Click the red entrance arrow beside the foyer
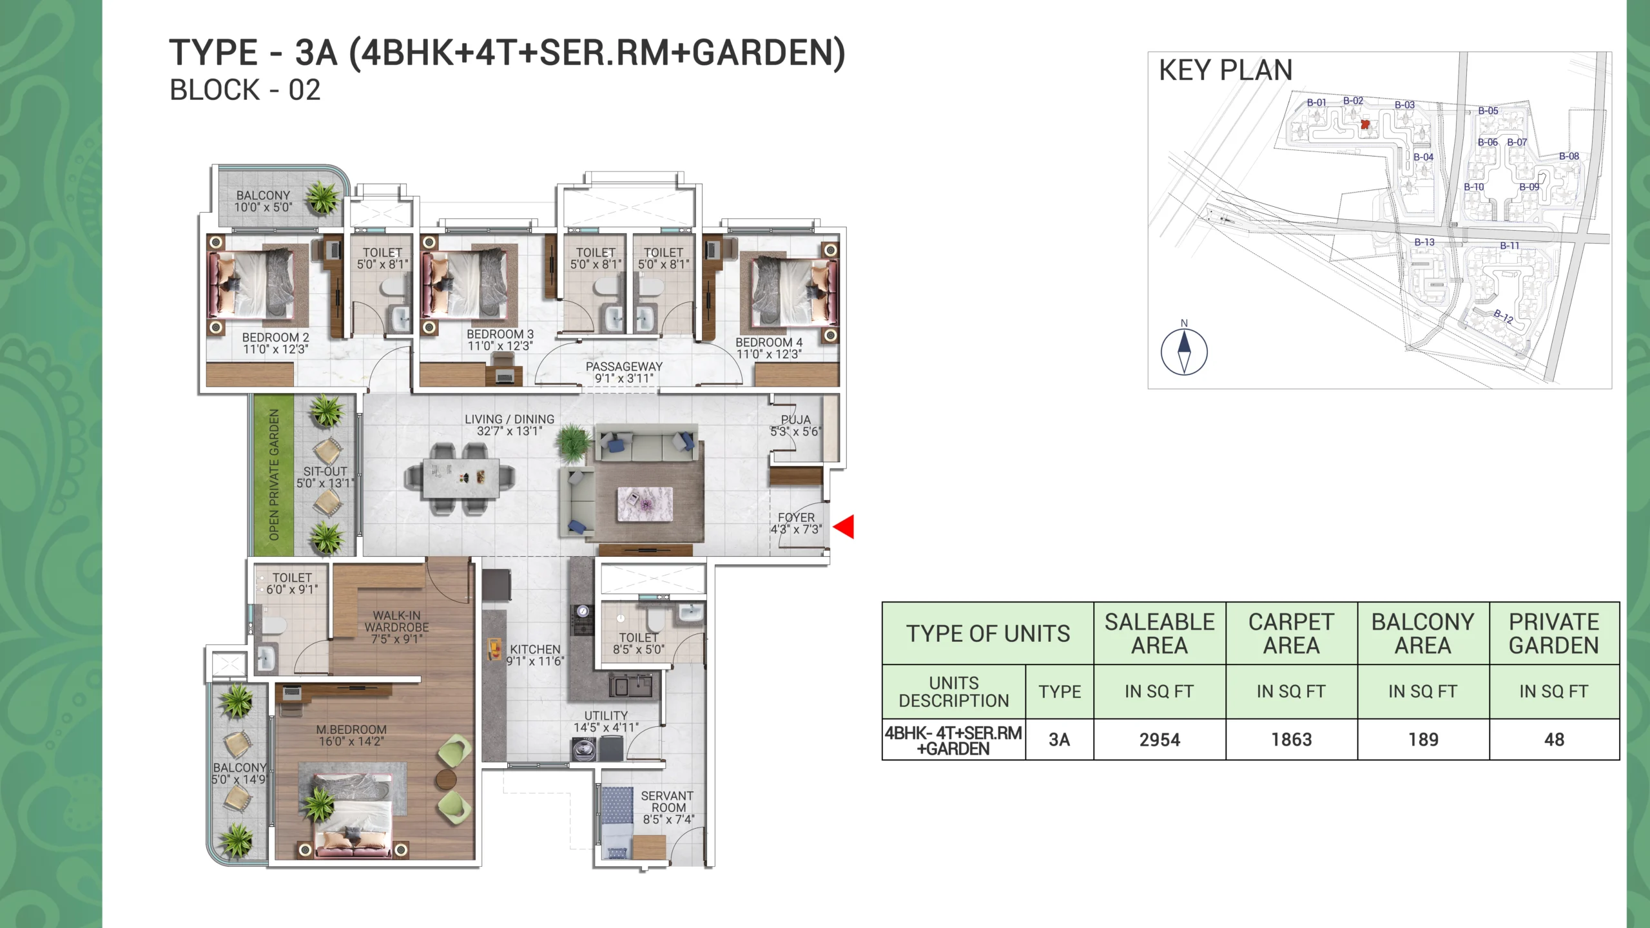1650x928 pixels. click(x=844, y=527)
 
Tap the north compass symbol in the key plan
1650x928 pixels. click(x=1184, y=351)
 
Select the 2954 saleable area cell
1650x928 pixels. click(x=1160, y=739)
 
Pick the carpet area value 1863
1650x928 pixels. click(x=1291, y=739)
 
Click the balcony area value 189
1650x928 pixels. click(x=1423, y=739)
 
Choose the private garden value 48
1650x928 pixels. click(x=1554, y=739)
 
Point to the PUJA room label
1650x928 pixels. click(x=796, y=420)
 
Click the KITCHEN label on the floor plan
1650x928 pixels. click(x=535, y=649)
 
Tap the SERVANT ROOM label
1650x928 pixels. click(x=668, y=802)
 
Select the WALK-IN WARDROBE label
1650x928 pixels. click(x=397, y=621)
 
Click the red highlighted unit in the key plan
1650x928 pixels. click(x=1364, y=124)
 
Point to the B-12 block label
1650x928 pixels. click(x=1504, y=316)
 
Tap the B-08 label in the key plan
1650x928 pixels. click(x=1569, y=156)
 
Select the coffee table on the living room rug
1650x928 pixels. click(x=645, y=504)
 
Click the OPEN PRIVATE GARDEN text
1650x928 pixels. click(x=274, y=475)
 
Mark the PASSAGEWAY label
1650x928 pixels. click(x=624, y=366)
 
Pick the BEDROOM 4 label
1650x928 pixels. click(x=769, y=342)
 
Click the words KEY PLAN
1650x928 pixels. click(x=1226, y=70)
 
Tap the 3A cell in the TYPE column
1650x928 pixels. click(x=1060, y=739)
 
